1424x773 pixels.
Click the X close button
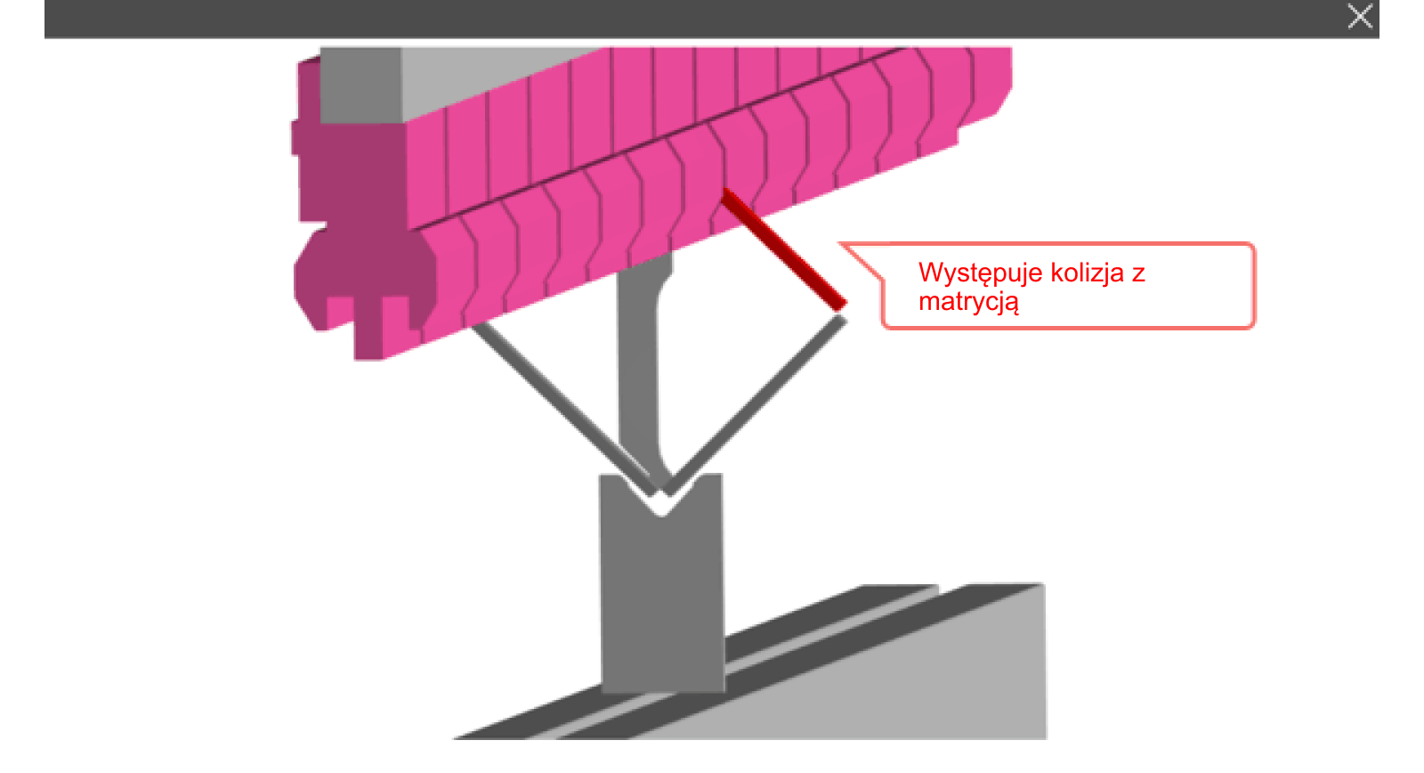[x=1360, y=16]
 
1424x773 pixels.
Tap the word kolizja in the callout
[x=1088, y=273]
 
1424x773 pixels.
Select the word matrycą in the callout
[x=969, y=302]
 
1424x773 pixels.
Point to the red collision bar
[x=784, y=248]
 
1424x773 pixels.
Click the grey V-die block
[x=662, y=591]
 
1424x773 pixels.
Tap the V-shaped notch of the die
[x=661, y=500]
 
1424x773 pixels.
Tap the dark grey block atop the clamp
[x=360, y=85]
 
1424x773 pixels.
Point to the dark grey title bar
[x=711, y=19]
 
